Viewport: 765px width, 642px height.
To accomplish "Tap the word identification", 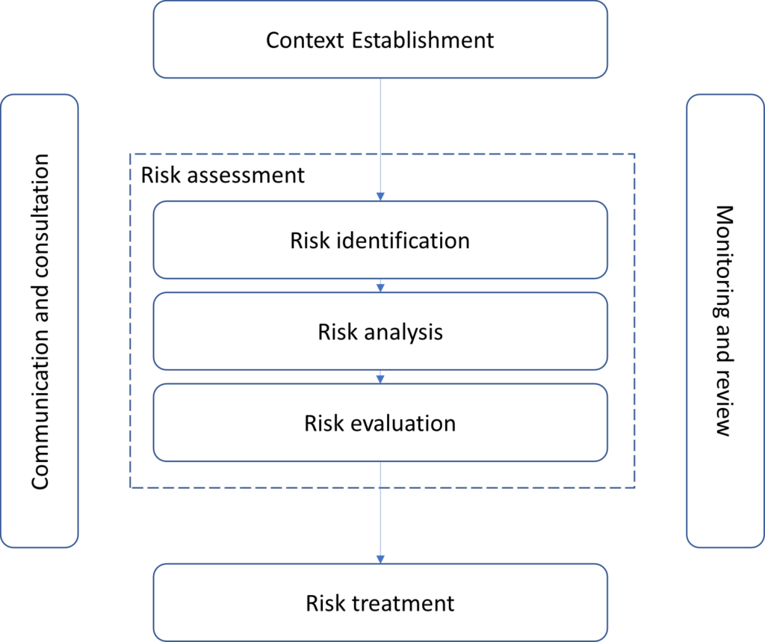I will (x=400, y=241).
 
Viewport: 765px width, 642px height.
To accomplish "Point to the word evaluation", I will (x=401, y=423).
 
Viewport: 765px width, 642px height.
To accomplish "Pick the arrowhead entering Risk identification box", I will (x=380, y=196).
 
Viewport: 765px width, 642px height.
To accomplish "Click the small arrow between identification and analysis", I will (x=380, y=287).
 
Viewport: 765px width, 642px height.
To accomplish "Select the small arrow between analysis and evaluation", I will (x=380, y=378).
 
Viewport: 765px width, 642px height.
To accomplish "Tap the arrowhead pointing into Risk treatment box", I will (x=380, y=558).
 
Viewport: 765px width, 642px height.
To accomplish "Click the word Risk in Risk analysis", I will (x=333, y=332).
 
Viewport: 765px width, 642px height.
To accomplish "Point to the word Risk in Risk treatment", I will (x=321, y=602).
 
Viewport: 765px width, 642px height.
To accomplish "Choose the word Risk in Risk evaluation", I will (x=320, y=423).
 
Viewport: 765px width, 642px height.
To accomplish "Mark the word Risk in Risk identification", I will (x=306, y=241).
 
